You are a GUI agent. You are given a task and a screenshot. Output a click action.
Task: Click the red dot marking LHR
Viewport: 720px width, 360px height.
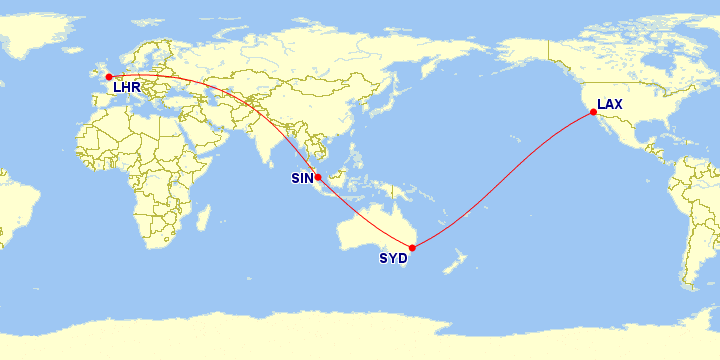tap(108, 76)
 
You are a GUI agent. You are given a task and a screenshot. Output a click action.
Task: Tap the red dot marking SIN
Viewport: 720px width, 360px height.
tap(317, 177)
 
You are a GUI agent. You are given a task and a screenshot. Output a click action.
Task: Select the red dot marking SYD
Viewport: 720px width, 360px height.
tap(412, 247)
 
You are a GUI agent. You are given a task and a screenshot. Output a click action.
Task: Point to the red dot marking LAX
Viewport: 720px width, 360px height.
tap(593, 112)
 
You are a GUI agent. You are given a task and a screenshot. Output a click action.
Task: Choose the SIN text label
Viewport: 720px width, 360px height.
tap(302, 179)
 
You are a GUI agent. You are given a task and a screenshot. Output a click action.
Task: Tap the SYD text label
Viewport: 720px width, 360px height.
tap(393, 259)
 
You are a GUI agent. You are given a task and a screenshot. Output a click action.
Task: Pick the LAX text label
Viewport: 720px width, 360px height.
tap(611, 103)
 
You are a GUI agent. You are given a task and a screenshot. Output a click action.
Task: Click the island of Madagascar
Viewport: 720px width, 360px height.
tap(203, 218)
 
